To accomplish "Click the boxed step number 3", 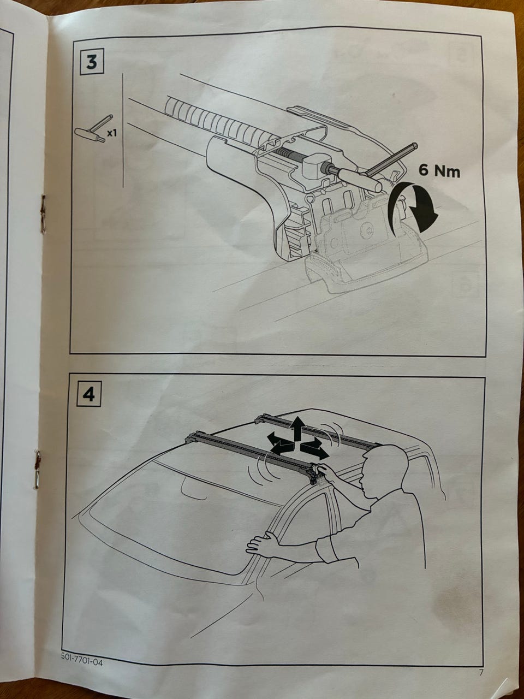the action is pyautogui.click(x=91, y=62).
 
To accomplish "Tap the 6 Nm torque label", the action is pyautogui.click(x=439, y=171).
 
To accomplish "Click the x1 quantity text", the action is pyautogui.click(x=112, y=133).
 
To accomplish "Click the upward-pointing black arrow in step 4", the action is pyautogui.click(x=297, y=429).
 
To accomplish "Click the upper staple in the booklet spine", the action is pyautogui.click(x=43, y=210).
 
